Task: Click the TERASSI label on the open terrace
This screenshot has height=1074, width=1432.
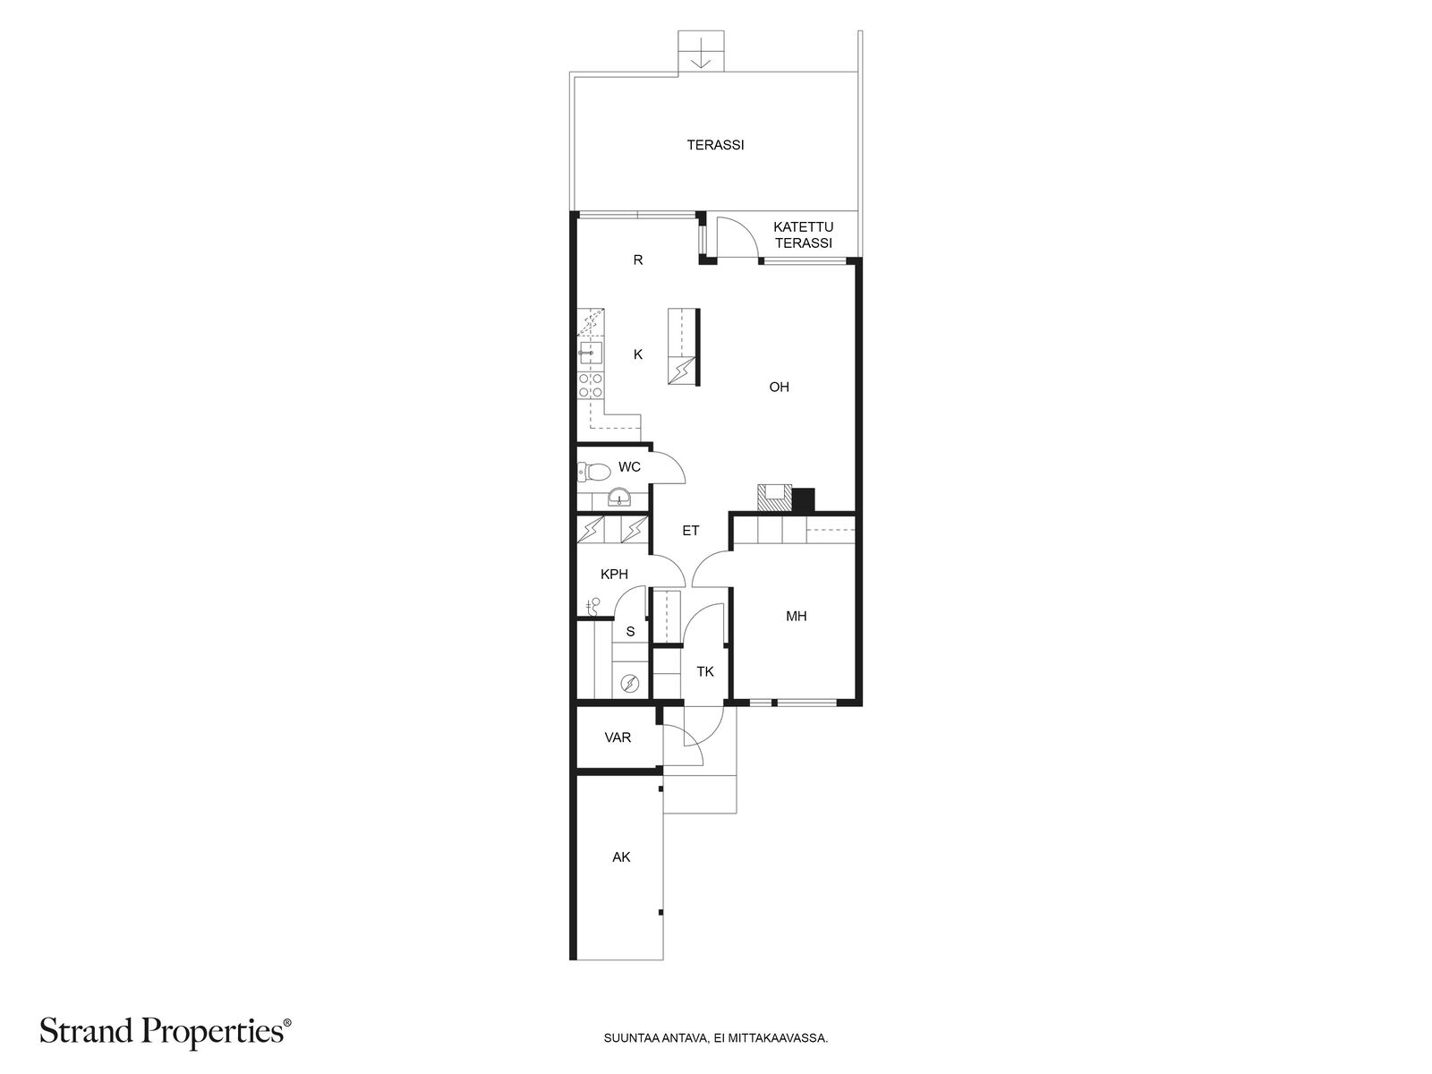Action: pos(715,145)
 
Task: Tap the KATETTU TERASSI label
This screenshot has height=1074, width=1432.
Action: pos(803,235)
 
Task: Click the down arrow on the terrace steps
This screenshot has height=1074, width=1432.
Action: pos(701,53)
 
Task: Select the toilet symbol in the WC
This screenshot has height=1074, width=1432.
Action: pos(592,471)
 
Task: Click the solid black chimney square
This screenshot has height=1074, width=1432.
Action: pos(804,499)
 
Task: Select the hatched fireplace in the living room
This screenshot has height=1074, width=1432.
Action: pos(774,499)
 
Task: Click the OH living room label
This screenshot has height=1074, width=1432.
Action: pos(779,388)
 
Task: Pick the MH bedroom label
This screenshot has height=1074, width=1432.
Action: pos(796,617)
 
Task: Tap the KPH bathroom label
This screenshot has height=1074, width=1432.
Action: pos(614,575)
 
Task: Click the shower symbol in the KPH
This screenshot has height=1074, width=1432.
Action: pos(592,607)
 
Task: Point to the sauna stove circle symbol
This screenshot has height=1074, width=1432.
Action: pos(630,684)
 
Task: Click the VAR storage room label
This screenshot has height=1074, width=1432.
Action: pos(618,737)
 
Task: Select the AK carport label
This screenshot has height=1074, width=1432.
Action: pos(621,857)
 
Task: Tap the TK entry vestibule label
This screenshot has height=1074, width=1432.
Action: pos(704,671)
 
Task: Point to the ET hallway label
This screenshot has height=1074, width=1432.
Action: pos(691,531)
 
